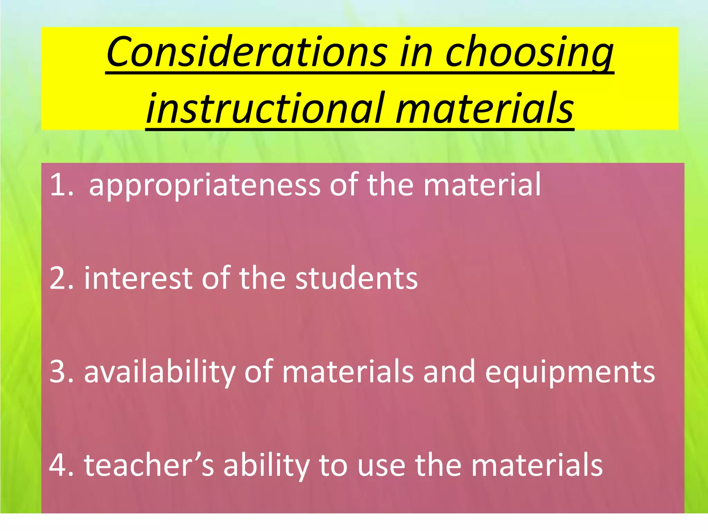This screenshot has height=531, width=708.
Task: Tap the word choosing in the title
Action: click(x=529, y=53)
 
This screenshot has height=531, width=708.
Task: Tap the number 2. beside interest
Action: click(x=62, y=278)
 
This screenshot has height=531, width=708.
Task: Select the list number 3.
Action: click(x=62, y=372)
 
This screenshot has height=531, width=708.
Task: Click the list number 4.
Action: click(x=62, y=465)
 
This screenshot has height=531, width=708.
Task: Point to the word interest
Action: click(x=138, y=278)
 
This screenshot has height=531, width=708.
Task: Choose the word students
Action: click(x=356, y=278)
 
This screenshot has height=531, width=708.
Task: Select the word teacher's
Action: click(x=149, y=465)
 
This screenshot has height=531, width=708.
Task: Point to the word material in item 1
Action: click(x=482, y=185)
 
